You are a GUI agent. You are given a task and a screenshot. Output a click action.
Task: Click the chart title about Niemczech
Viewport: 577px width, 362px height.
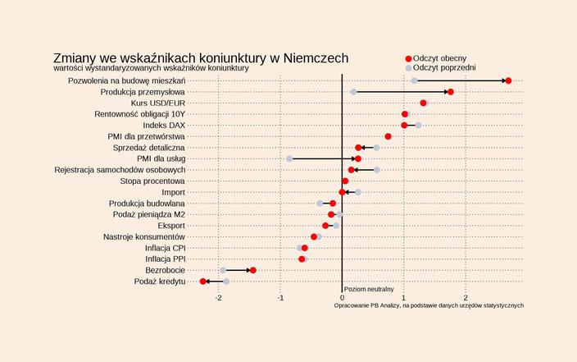pyautogui.click(x=201, y=58)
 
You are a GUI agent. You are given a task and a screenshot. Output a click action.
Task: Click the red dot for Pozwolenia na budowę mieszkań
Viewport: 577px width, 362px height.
pyautogui.click(x=508, y=80)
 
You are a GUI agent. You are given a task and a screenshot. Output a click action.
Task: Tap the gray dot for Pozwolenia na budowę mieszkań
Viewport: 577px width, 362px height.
pyautogui.click(x=414, y=80)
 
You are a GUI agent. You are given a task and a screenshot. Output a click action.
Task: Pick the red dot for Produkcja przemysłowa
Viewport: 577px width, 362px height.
pyautogui.click(x=451, y=92)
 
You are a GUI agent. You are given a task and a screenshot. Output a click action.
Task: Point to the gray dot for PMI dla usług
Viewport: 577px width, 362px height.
pyautogui.click(x=289, y=158)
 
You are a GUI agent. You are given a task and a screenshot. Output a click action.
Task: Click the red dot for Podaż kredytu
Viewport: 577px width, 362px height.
pyautogui.click(x=203, y=282)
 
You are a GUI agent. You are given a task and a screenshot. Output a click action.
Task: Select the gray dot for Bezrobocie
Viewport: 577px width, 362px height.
pyautogui.click(x=223, y=270)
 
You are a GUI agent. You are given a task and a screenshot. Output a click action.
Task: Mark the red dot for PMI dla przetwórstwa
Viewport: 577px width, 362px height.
pyautogui.click(x=388, y=136)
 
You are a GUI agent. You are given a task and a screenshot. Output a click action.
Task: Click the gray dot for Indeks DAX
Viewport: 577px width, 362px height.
pyautogui.click(x=418, y=125)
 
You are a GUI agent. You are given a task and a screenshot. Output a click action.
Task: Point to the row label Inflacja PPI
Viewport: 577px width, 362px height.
pyautogui.click(x=165, y=259)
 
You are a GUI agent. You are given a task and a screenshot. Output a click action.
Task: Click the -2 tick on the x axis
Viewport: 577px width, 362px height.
pyautogui.click(x=219, y=298)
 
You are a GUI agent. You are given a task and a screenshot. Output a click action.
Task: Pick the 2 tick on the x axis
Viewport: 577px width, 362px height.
pyautogui.click(x=466, y=298)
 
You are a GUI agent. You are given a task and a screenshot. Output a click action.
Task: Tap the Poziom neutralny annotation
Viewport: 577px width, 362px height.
pyautogui.click(x=369, y=289)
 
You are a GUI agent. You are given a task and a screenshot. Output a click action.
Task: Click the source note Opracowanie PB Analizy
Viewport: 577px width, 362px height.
pyautogui.click(x=429, y=305)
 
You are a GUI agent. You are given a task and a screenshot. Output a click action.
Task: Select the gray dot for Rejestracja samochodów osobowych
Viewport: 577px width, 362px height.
pyautogui.click(x=376, y=170)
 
